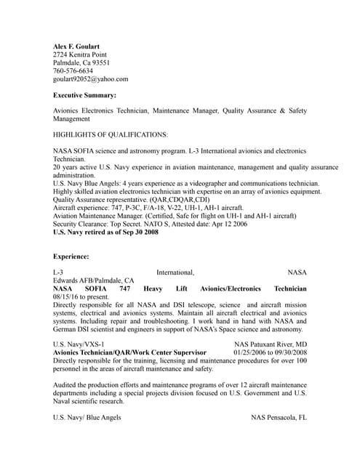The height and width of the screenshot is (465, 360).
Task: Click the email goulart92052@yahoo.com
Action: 90,79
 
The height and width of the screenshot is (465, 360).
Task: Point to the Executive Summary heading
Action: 84,95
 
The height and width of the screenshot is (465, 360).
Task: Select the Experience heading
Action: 71,256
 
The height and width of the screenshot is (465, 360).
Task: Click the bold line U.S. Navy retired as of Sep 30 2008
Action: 105,232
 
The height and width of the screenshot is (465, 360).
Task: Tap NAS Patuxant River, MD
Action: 270,344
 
